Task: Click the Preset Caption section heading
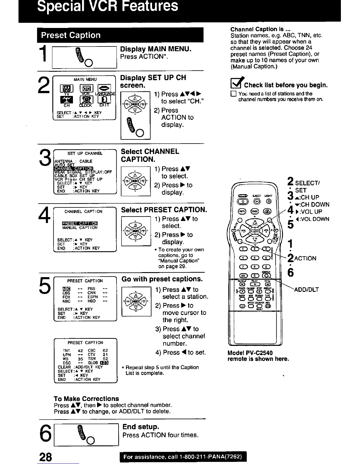(x=71, y=35)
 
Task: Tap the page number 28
(x=45, y=457)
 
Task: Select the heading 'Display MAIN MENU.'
(x=156, y=49)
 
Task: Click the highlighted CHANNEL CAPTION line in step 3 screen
(x=74, y=168)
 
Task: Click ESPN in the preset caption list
(x=93, y=297)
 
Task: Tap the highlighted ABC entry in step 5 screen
(x=66, y=289)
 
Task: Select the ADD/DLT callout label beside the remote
(x=306, y=289)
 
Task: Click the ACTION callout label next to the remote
(x=305, y=258)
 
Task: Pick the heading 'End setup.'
(x=141, y=427)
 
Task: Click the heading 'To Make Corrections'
(x=86, y=399)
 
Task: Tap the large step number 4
(x=44, y=215)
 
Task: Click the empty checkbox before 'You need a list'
(x=233, y=94)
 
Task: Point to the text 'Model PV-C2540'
(x=250, y=353)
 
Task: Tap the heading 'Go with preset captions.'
(x=162, y=279)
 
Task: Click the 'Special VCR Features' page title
(x=107, y=6)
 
